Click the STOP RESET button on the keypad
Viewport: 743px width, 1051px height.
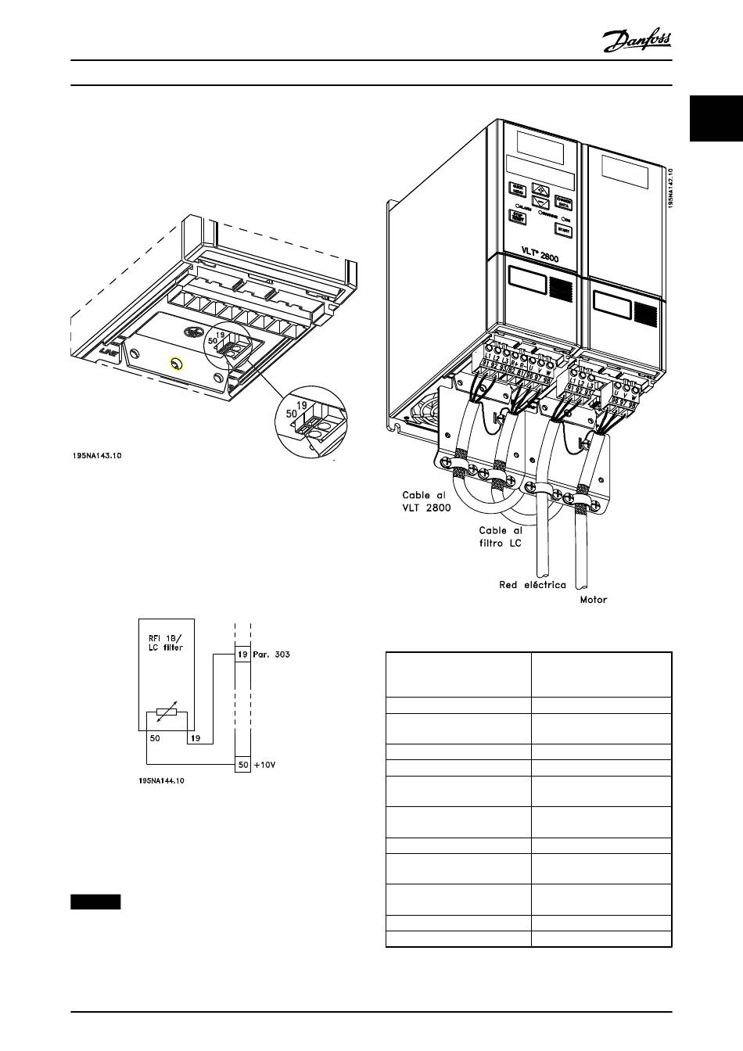click(x=517, y=217)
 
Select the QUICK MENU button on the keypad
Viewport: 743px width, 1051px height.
click(x=517, y=190)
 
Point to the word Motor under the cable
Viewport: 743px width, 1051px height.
click(x=593, y=601)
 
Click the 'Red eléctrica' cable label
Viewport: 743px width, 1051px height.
click(x=532, y=585)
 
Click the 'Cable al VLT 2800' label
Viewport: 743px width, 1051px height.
click(x=427, y=500)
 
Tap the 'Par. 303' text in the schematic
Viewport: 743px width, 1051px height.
click(x=272, y=654)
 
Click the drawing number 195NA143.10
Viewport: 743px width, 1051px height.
click(x=95, y=455)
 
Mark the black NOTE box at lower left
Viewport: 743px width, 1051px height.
click(x=95, y=902)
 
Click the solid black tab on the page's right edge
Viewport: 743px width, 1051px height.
click(x=716, y=120)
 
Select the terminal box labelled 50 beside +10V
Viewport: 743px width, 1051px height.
click(x=242, y=765)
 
